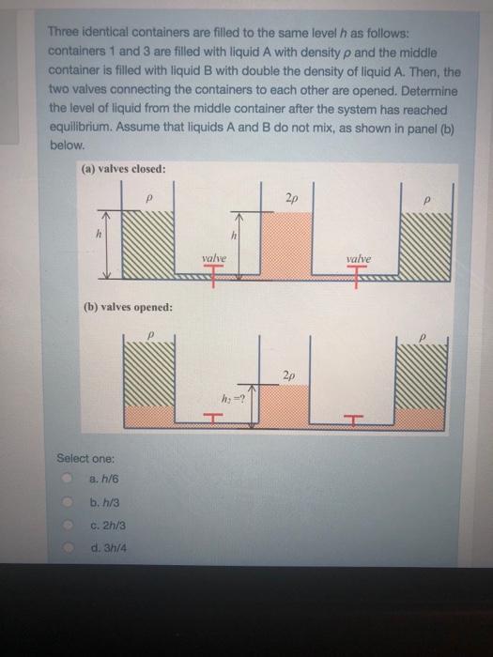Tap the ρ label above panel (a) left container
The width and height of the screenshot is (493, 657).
pyautogui.click(x=151, y=200)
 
